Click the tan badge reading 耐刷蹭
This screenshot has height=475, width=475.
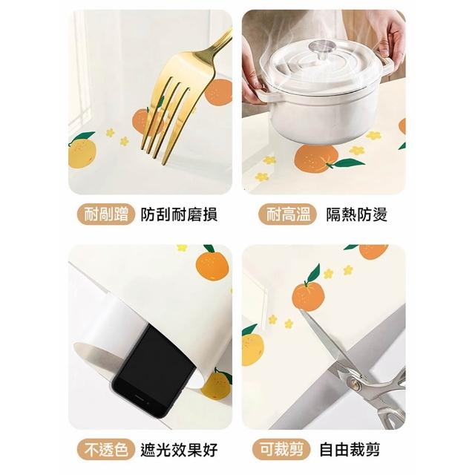(x=105, y=214)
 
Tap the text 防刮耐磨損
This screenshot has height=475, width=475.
(x=179, y=214)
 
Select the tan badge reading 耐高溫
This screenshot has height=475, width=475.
(x=288, y=214)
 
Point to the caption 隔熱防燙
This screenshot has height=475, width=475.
(x=356, y=214)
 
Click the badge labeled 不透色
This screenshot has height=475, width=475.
(x=105, y=449)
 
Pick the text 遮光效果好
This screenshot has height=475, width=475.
(x=179, y=450)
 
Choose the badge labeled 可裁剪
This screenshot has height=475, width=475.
(x=282, y=449)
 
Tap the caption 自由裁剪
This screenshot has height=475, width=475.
(x=350, y=450)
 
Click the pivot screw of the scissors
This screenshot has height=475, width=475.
(x=356, y=384)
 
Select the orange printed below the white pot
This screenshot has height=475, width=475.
(x=316, y=159)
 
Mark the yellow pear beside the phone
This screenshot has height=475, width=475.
(x=217, y=384)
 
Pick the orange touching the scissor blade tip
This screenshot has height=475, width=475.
(x=308, y=295)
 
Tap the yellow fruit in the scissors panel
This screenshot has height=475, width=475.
(x=252, y=347)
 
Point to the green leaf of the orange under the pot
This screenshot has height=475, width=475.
(x=349, y=163)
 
